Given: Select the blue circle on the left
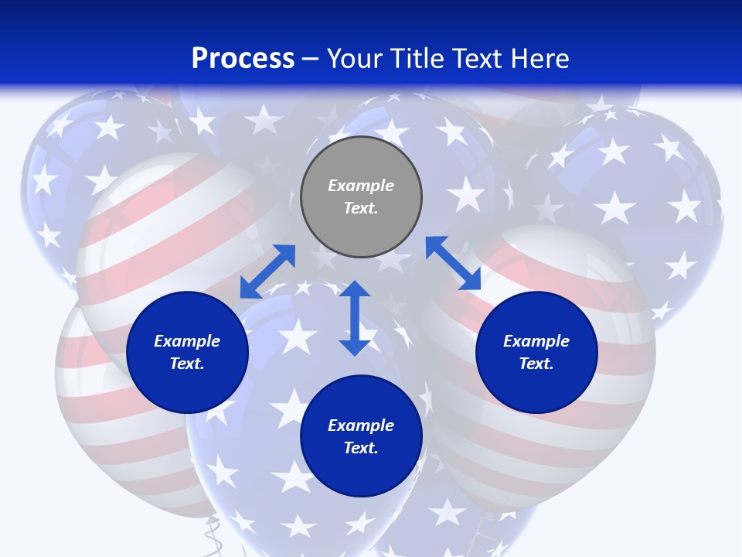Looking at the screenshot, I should click(x=187, y=352).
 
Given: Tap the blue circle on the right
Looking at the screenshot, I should click(x=536, y=352).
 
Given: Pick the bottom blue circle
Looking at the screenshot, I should click(x=361, y=436).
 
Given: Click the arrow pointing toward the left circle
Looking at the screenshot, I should click(x=267, y=272).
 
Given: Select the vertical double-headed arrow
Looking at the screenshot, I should click(x=355, y=318).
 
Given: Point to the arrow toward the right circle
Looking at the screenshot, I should click(x=453, y=263).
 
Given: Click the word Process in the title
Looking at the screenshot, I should click(x=243, y=59).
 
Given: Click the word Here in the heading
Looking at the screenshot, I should click(x=539, y=59).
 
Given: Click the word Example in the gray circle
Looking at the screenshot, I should click(x=361, y=186).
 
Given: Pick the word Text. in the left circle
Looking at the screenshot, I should click(x=187, y=364).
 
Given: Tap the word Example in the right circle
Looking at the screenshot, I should click(x=536, y=341).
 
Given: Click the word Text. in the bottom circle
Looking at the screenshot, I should click(x=361, y=448).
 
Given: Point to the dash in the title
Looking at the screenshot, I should click(x=311, y=59).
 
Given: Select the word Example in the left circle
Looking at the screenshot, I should click(x=187, y=341).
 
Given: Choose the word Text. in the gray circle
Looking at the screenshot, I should click(x=361, y=208).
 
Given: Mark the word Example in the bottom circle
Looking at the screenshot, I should click(x=361, y=425).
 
